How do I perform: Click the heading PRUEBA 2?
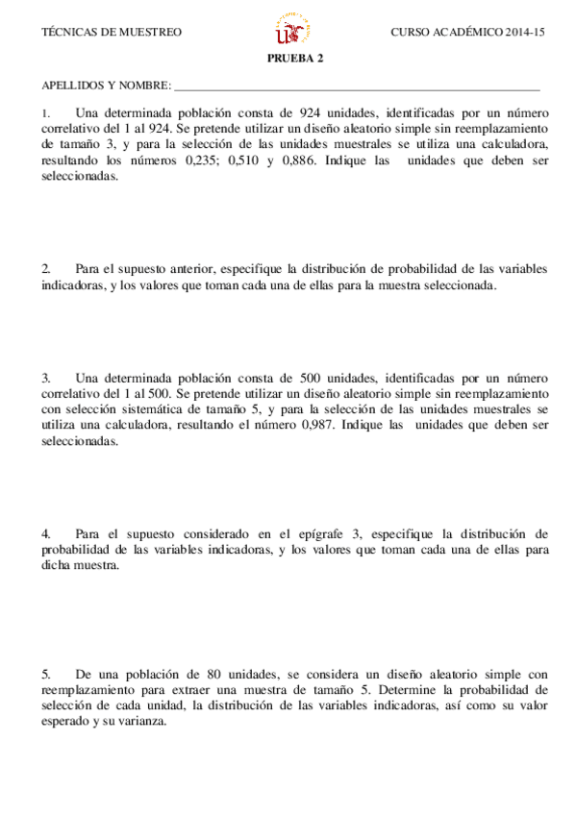295,59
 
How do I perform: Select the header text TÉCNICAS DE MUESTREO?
113,33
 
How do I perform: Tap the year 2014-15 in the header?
525,33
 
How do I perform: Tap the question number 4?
46,533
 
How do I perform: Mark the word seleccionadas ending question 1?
81,177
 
